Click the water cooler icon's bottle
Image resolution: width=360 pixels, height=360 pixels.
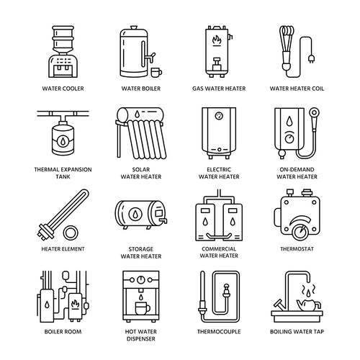click(63, 40)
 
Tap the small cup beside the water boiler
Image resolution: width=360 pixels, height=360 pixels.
click(156, 72)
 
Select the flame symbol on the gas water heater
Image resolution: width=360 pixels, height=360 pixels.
click(217, 40)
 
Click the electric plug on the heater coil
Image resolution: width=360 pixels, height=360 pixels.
click(311, 59)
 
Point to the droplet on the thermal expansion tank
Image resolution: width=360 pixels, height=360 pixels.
click(63, 142)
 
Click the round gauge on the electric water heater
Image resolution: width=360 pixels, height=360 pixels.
click(219, 116)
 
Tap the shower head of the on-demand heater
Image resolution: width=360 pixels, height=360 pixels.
click(314, 112)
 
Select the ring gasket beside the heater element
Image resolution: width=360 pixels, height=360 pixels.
click(71, 233)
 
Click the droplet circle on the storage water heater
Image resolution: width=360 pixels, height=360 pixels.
click(135, 214)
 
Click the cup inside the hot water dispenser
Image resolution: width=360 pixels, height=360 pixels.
click(143, 308)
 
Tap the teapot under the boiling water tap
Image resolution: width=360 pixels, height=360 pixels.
click(308, 305)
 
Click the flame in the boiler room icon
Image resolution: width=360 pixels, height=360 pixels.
click(75, 304)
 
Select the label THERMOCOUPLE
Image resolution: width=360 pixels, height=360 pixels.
click(219, 332)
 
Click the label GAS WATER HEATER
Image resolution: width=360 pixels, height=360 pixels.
click(219, 89)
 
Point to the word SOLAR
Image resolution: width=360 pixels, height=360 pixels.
click(141, 169)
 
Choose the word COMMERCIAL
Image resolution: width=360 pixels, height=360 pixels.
click(219, 249)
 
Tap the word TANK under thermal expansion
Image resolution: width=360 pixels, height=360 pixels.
click(63, 176)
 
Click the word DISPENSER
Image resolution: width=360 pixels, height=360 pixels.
click(141, 339)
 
